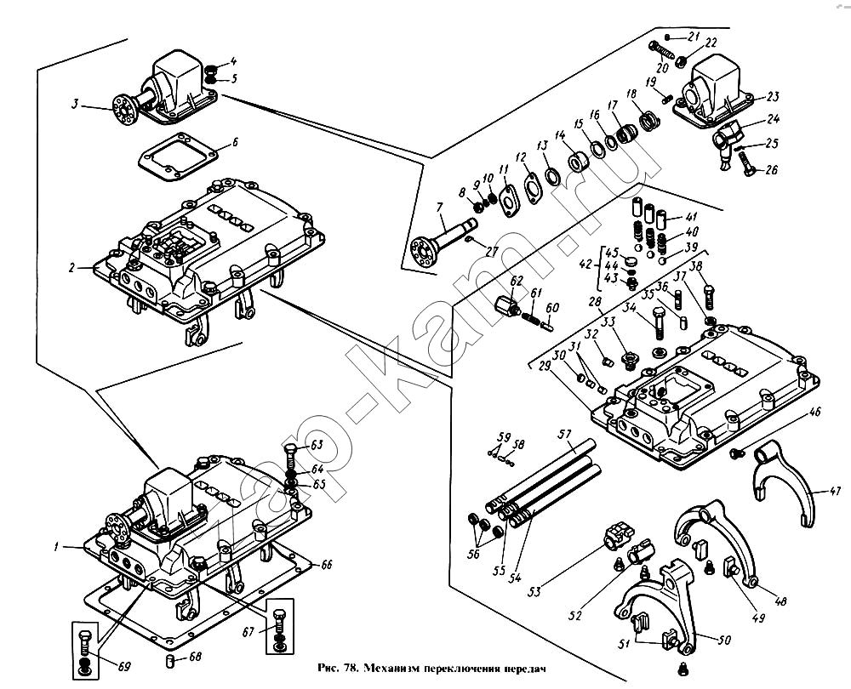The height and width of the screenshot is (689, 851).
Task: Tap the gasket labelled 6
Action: (x=174, y=157)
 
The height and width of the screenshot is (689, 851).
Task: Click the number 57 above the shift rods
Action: (x=563, y=434)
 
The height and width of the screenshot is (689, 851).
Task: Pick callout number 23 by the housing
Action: (x=773, y=96)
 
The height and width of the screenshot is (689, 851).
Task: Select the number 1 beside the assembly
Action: (x=56, y=548)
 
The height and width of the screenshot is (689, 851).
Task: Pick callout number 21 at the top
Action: (x=693, y=36)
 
